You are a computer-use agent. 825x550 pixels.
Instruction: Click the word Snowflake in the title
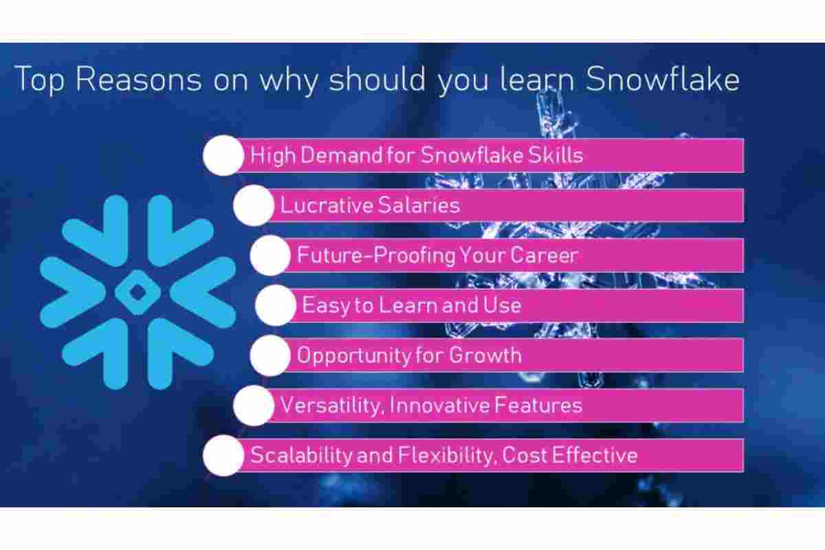[663, 79]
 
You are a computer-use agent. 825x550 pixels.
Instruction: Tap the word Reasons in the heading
[139, 79]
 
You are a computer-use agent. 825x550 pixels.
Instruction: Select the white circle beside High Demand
[223, 155]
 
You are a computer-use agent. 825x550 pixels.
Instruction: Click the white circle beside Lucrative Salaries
[254, 205]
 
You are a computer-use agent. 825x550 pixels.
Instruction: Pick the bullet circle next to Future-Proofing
[270, 255]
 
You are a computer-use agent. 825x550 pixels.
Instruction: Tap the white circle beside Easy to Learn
[276, 305]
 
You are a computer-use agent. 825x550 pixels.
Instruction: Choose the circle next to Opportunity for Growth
[270, 355]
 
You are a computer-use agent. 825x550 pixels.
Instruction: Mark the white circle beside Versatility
[254, 405]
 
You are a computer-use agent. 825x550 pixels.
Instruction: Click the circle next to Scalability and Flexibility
[223, 455]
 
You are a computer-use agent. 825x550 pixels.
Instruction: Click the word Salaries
[419, 205]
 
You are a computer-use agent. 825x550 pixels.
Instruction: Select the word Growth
[485, 355]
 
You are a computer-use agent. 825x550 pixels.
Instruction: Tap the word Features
[538, 405]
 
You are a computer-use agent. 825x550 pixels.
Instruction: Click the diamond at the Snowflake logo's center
[137, 292]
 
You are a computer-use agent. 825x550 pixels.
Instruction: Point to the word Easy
[326, 306]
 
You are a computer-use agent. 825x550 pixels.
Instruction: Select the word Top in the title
[40, 80]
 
